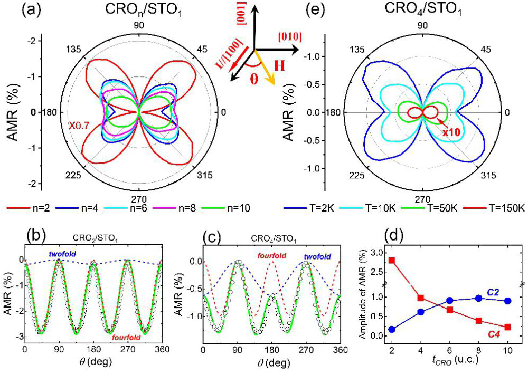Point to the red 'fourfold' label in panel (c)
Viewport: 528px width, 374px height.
[x=272, y=256]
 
